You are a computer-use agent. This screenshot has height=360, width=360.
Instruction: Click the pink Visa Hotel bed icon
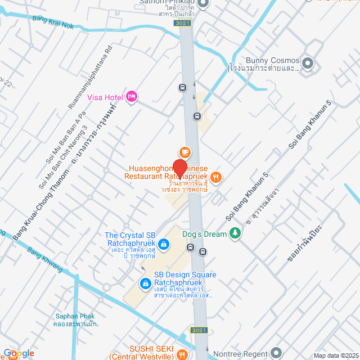pyautogui.click(x=132, y=97)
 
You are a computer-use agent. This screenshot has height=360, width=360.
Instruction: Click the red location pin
pyautogui.click(x=179, y=168)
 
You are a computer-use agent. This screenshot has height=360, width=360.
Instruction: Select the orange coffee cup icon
pyautogui.click(x=184, y=152)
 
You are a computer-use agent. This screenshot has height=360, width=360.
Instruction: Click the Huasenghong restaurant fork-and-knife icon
pyautogui.click(x=216, y=178)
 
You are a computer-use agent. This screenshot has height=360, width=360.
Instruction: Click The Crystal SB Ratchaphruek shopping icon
pyautogui.click(x=163, y=244)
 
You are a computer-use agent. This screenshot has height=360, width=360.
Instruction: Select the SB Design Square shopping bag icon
pyautogui.click(x=146, y=284)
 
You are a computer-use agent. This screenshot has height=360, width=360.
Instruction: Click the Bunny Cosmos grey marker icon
pyautogui.click(x=308, y=61)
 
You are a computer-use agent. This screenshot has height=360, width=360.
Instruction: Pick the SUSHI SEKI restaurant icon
pyautogui.click(x=182, y=354)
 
